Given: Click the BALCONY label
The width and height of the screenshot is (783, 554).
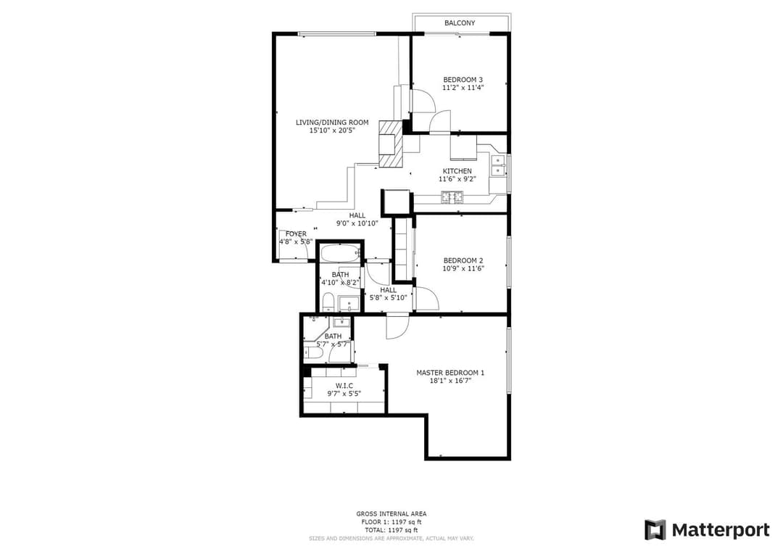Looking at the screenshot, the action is click(460, 23).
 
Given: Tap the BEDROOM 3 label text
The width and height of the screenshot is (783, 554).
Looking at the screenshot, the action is click(463, 80).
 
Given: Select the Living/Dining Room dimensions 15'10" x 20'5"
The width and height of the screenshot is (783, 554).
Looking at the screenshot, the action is click(332, 131).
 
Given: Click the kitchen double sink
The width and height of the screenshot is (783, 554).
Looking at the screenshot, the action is click(498, 166).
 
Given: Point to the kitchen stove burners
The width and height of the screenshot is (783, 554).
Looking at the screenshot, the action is click(452, 197).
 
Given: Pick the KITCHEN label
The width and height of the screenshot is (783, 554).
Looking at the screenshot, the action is click(457, 171).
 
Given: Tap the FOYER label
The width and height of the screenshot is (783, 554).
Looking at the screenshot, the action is click(296, 233).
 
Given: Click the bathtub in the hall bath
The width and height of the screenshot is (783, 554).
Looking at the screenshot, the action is click(340, 254).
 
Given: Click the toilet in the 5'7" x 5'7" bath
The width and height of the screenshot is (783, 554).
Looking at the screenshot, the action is click(314, 354).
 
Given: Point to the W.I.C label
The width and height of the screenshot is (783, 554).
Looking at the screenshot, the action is click(344, 386).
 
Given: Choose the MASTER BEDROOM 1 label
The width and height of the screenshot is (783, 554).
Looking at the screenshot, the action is click(450, 373).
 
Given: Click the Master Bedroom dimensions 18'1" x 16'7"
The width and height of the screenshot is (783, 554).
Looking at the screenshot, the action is click(450, 381).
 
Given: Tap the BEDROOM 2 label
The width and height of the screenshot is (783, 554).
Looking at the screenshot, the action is click(463, 260).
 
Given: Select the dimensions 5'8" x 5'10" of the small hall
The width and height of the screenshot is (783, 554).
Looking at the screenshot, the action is click(388, 298).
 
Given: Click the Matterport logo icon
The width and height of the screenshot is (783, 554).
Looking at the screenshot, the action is click(655, 530).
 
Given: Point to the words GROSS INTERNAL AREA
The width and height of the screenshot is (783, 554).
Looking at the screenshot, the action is click(391, 513).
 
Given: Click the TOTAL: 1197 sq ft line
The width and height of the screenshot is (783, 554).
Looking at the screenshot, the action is click(391, 530).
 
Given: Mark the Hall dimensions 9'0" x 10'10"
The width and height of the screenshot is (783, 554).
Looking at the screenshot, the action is click(357, 223).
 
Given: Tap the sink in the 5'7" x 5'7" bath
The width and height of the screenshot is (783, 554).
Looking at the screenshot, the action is click(341, 322).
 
